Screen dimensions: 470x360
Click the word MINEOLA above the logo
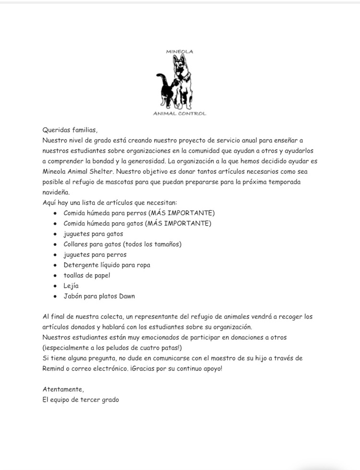point(179,51)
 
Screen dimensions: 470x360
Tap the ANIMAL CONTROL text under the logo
point(179,114)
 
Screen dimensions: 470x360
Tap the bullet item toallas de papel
point(86,275)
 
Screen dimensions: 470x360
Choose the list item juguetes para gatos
point(93,234)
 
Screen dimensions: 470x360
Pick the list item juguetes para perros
point(95,254)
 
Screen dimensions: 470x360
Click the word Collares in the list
point(77,244)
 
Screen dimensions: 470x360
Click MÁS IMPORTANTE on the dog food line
point(181,213)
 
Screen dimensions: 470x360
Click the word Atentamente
point(63,389)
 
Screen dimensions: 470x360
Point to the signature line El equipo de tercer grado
point(80,399)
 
